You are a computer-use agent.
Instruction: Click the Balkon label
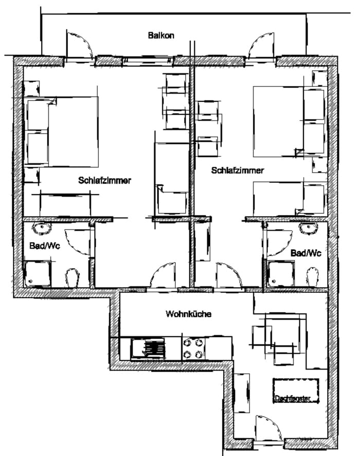(x=161, y=36)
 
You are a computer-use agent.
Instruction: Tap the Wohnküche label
(x=188, y=314)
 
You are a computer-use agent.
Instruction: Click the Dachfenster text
(x=293, y=398)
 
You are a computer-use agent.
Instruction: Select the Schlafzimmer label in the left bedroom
(x=104, y=180)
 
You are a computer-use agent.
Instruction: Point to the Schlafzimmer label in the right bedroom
(x=238, y=170)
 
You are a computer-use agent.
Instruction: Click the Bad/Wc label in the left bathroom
(x=45, y=245)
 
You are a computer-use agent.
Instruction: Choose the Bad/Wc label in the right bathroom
(x=306, y=253)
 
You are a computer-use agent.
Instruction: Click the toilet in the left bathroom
(x=73, y=278)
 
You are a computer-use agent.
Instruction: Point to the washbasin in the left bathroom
(x=42, y=228)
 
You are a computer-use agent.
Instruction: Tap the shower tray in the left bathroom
(x=38, y=274)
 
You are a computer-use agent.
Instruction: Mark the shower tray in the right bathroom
(x=281, y=274)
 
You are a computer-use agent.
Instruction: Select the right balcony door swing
(x=261, y=46)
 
